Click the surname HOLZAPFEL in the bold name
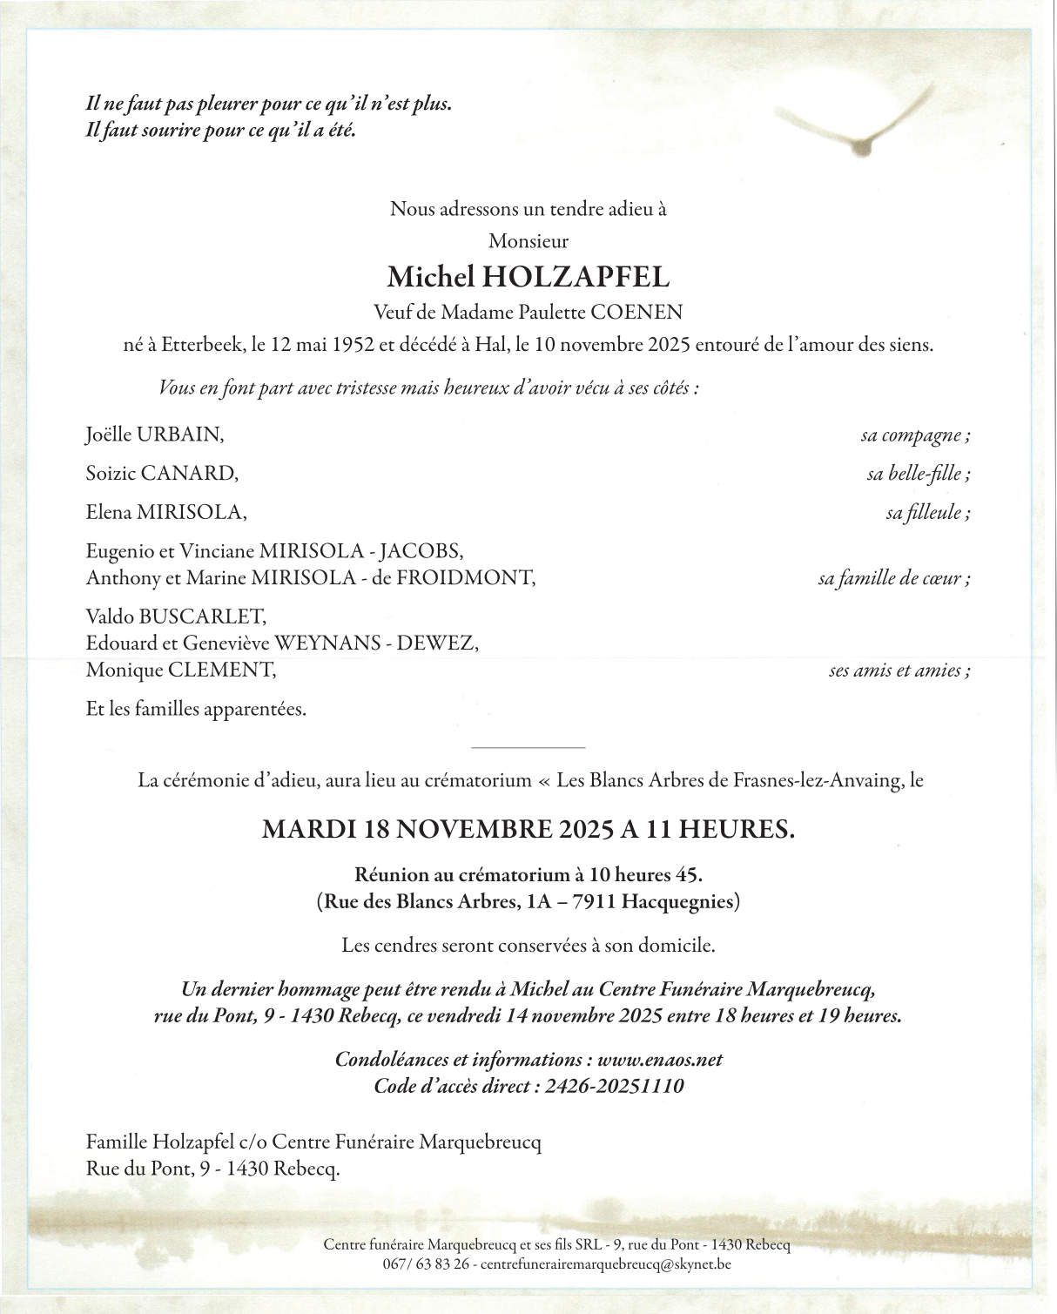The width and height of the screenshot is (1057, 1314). (576, 278)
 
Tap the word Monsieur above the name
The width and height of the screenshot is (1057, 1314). (528, 241)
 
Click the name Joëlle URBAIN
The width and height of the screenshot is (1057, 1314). (155, 435)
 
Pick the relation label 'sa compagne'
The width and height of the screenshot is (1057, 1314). (914, 435)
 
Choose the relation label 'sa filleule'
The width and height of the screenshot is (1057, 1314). (927, 512)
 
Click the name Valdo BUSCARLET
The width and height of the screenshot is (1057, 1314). (176, 617)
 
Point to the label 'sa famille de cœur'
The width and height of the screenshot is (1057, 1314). (893, 577)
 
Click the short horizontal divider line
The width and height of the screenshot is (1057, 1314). (528, 747)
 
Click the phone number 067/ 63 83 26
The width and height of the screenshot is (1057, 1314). (426, 1263)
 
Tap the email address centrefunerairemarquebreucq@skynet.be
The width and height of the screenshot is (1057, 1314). (606, 1263)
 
